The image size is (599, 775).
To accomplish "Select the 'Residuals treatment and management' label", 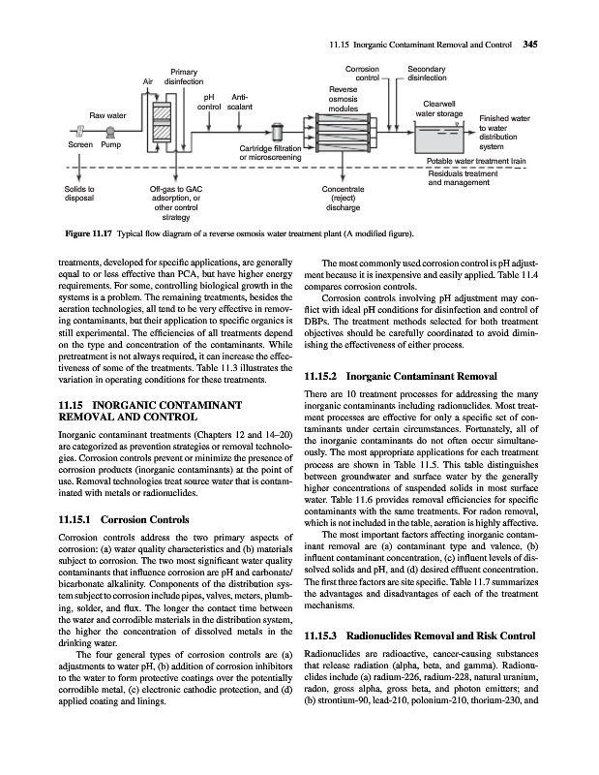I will [470, 177].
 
